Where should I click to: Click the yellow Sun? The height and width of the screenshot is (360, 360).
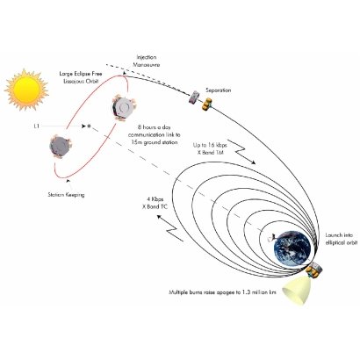tap(26, 90)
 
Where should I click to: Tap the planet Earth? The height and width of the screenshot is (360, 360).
tap(293, 249)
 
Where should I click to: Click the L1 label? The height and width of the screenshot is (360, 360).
tap(36, 126)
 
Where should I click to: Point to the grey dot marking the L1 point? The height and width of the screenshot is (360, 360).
tap(90, 126)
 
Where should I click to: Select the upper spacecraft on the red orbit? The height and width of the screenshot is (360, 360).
tap(124, 108)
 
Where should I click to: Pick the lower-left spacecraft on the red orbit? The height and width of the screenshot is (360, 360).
tap(61, 147)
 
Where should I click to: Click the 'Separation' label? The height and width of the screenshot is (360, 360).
tap(218, 90)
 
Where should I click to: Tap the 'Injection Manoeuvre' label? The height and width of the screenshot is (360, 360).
tap(147, 61)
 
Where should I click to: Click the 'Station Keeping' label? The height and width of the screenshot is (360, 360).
tap(66, 194)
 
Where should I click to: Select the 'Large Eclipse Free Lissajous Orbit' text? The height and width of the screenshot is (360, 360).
tap(81, 77)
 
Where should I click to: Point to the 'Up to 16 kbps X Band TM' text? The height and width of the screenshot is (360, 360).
tap(210, 148)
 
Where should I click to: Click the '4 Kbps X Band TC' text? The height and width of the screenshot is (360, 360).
tap(155, 203)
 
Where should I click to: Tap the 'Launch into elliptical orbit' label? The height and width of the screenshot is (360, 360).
tap(342, 239)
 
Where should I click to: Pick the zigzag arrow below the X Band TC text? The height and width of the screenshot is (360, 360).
tap(170, 228)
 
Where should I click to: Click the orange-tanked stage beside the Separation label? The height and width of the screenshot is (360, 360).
tap(207, 104)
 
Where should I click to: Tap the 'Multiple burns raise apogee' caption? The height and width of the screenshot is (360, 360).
tap(222, 292)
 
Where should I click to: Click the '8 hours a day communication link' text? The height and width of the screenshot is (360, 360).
tap(154, 135)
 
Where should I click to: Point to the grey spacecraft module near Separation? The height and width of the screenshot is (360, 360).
tap(194, 97)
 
